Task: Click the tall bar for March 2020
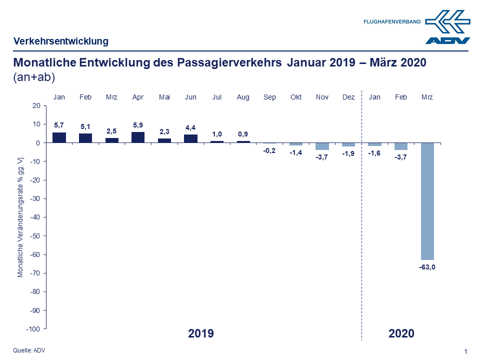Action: [427, 201]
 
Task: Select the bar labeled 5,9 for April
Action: [138, 137]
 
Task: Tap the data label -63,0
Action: [427, 267]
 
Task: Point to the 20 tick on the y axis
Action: [35, 105]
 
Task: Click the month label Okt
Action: [296, 97]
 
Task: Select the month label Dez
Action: [348, 97]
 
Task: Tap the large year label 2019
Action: [201, 333]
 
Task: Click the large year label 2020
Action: [401, 333]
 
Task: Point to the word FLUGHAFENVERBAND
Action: [392, 22]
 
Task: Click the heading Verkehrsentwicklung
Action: [61, 41]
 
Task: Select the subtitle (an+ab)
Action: [33, 77]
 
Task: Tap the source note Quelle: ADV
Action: [29, 350]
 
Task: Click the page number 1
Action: [466, 351]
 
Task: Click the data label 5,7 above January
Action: [59, 125]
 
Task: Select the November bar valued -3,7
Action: [322, 146]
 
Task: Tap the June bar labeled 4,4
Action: [190, 138]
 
